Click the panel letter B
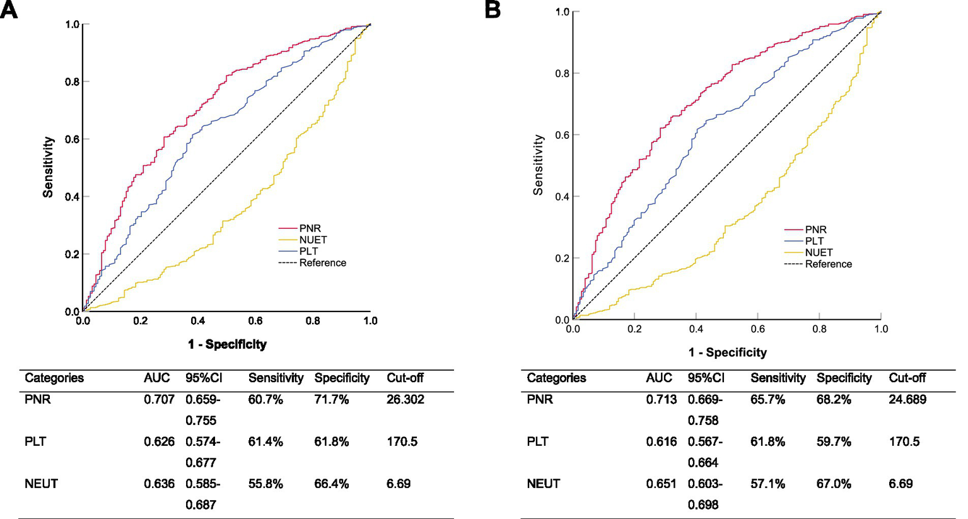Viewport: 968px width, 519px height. click(493, 10)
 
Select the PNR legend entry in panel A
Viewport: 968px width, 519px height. click(310, 228)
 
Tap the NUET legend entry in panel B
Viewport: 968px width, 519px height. click(819, 252)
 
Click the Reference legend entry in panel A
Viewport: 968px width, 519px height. click(322, 263)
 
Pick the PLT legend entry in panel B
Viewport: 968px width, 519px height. click(814, 241)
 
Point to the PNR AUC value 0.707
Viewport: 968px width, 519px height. click(159, 399)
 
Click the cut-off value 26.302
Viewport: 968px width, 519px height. click(405, 399)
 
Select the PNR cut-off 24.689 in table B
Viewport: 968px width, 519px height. click(907, 399)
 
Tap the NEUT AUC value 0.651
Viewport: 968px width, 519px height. click(661, 484)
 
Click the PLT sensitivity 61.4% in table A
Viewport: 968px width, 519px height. click(265, 441)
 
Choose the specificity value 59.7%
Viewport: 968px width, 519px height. click(834, 441)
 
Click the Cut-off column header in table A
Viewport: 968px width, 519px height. click(405, 378)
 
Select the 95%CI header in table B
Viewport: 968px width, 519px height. click(706, 378)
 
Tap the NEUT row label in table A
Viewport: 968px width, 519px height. click(41, 484)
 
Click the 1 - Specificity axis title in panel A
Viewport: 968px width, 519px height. click(226, 344)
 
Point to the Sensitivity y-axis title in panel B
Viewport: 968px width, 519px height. click(538, 165)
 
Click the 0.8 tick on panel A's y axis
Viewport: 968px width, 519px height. click(72, 82)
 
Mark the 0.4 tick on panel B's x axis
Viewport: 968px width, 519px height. click(696, 329)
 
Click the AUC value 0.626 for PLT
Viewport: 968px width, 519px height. click(159, 441)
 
